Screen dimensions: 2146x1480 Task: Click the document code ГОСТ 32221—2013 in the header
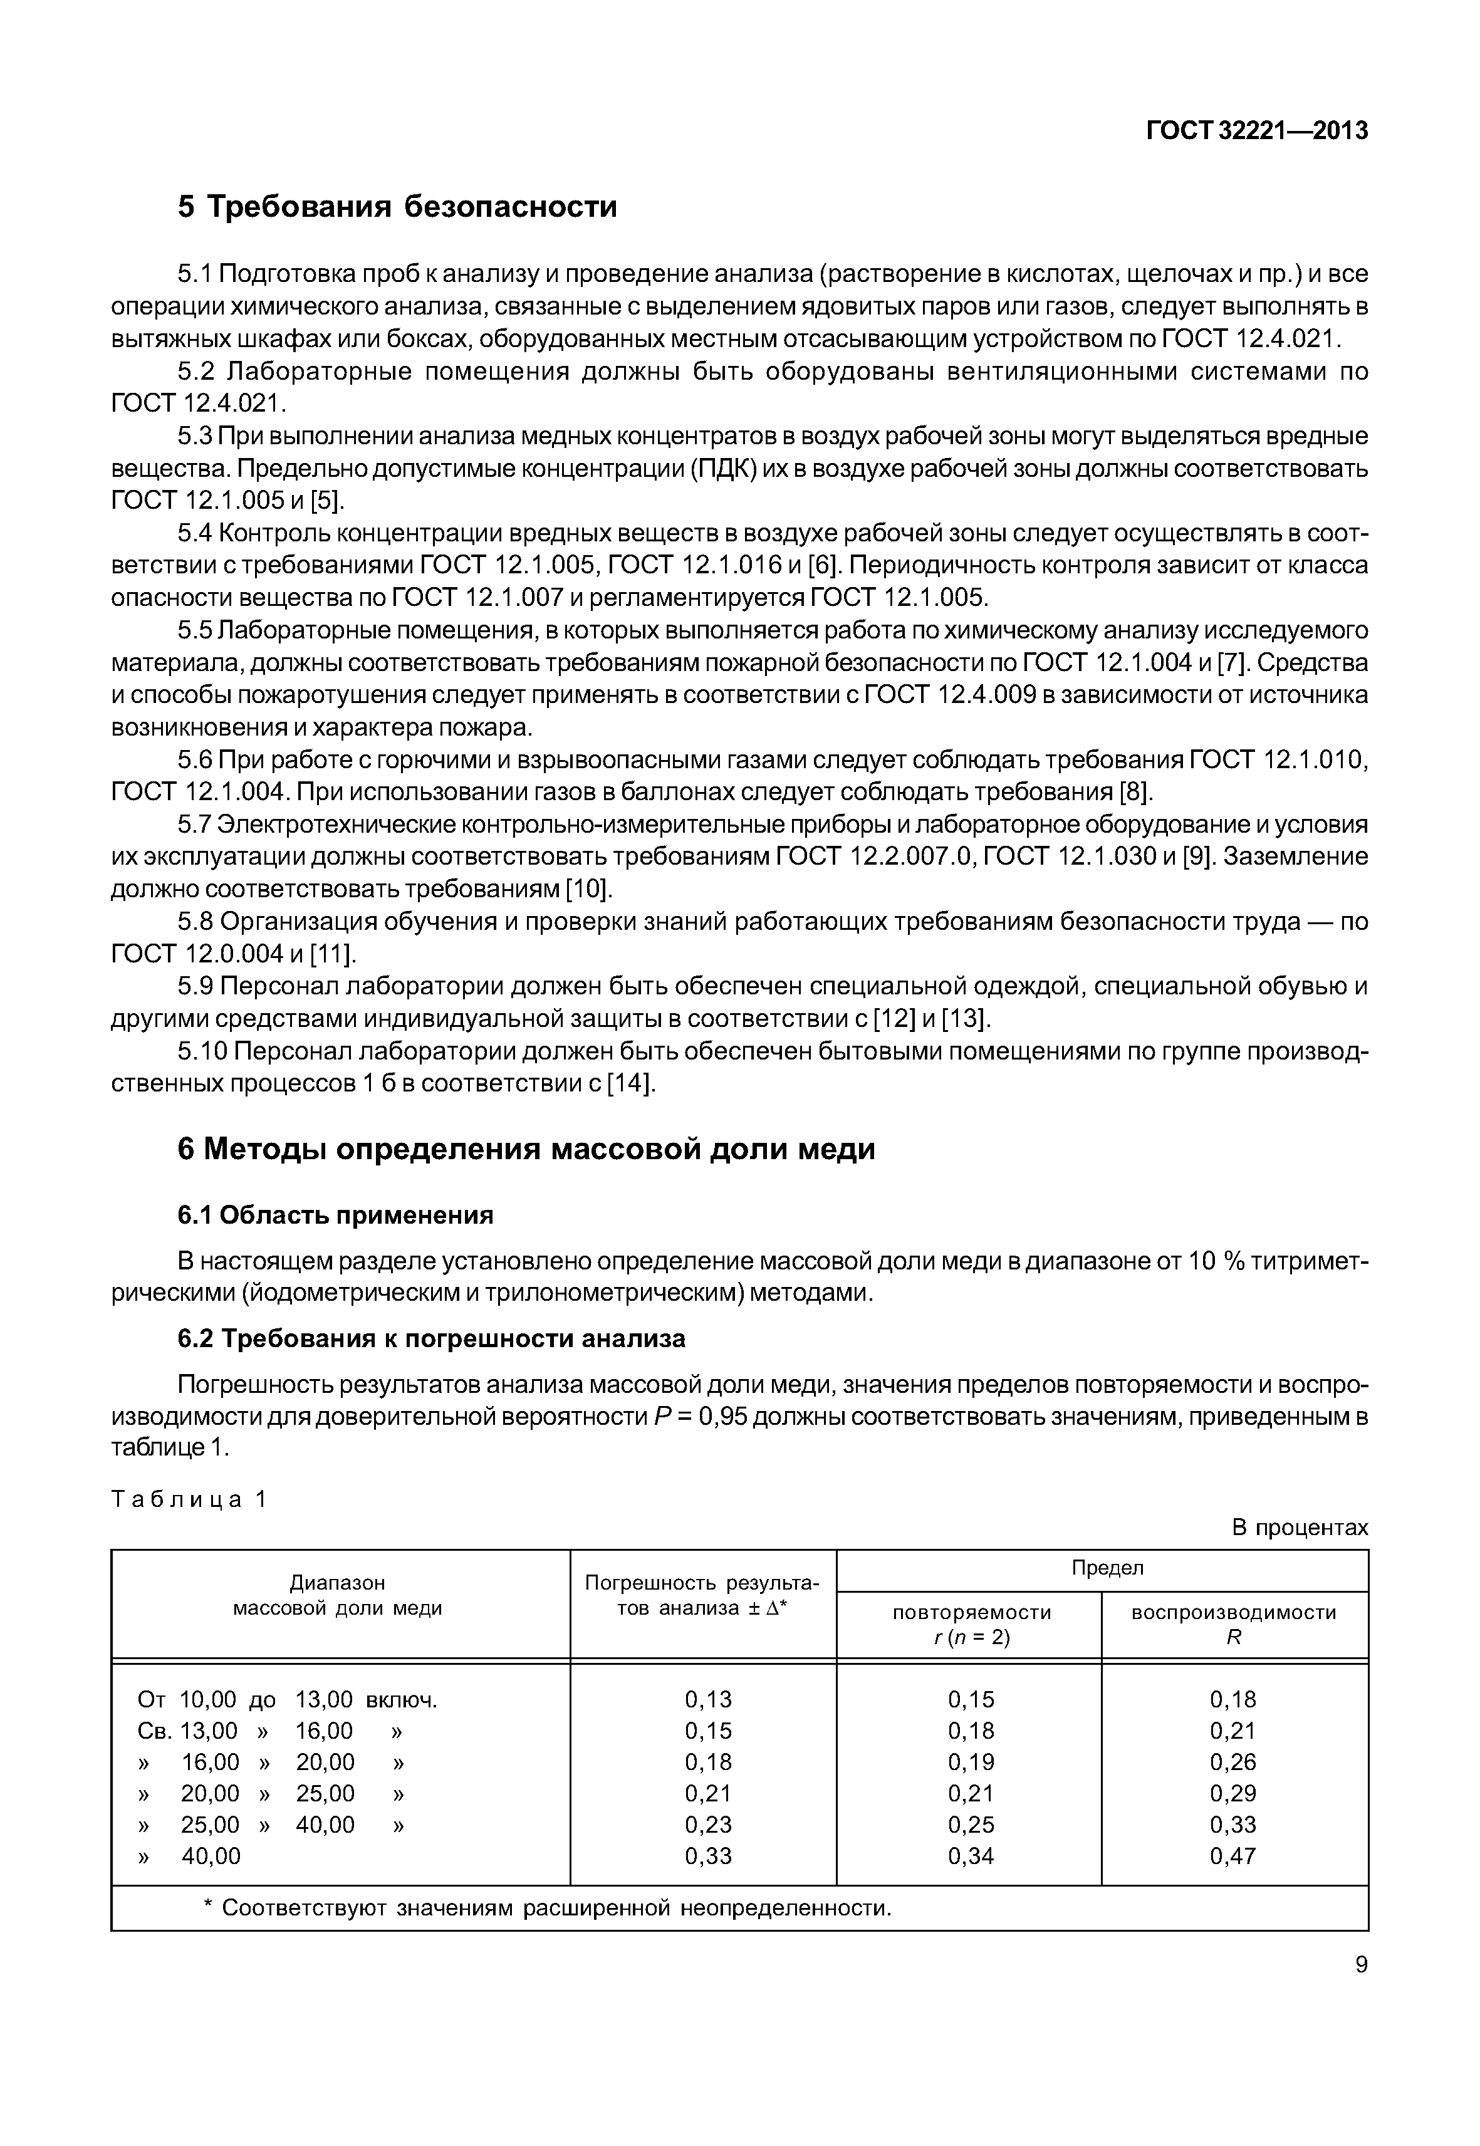coord(1256,132)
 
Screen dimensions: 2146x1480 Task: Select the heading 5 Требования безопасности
coord(397,206)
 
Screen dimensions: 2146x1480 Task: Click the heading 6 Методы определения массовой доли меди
coord(526,1149)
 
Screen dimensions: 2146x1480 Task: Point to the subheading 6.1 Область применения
coord(335,1215)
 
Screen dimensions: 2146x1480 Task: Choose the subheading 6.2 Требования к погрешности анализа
coord(431,1338)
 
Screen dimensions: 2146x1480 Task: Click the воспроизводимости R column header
coord(1233,1624)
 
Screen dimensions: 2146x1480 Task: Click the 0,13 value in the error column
coord(707,1699)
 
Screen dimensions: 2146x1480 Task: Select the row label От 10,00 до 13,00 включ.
coord(286,1699)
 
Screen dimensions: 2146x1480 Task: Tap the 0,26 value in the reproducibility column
coord(1232,1761)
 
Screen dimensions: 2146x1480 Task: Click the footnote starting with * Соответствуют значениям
coord(547,1908)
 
